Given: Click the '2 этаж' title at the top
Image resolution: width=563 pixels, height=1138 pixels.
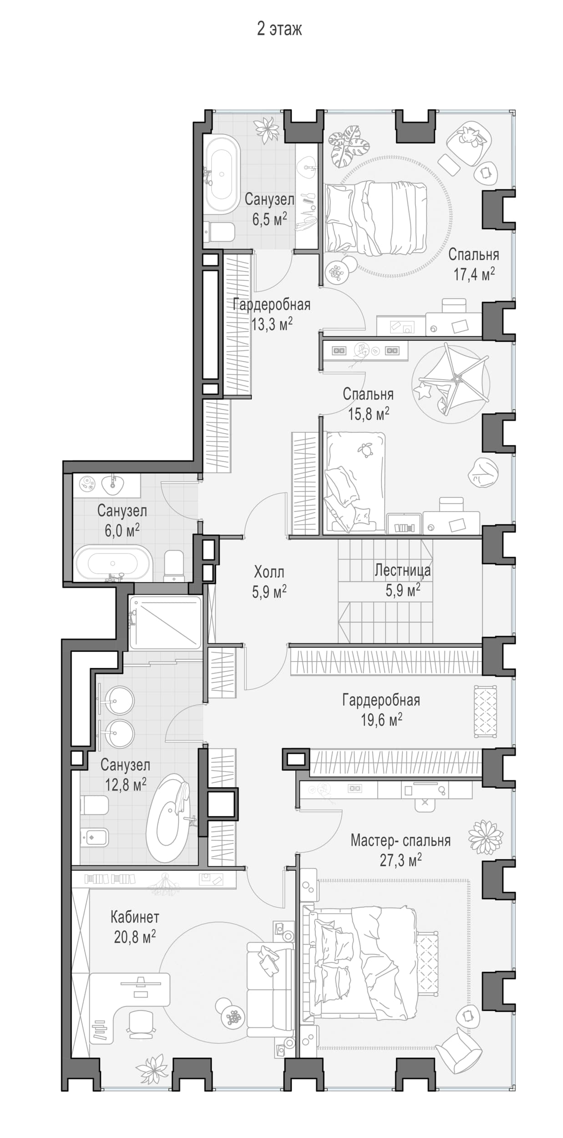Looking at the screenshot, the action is pyautogui.click(x=279, y=29).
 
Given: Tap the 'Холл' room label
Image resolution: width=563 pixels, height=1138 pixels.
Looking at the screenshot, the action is pyautogui.click(x=269, y=572).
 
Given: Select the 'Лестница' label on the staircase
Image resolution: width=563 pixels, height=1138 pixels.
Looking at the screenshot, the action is pyautogui.click(x=403, y=570).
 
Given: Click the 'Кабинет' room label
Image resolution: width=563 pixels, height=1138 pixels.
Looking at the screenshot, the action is pyautogui.click(x=135, y=917).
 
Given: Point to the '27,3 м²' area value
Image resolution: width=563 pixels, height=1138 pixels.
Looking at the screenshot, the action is pyautogui.click(x=401, y=860).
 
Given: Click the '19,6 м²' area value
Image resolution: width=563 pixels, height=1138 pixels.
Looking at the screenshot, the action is pyautogui.click(x=381, y=720).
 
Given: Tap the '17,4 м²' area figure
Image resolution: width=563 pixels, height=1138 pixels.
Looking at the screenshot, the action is pyautogui.click(x=474, y=274).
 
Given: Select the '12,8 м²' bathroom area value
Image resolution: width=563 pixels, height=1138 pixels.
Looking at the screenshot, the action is pyautogui.click(x=126, y=784).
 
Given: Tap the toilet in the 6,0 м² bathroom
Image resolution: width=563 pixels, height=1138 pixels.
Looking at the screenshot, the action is pyautogui.click(x=174, y=566).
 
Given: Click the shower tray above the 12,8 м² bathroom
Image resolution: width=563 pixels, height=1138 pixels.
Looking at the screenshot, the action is pyautogui.click(x=165, y=622).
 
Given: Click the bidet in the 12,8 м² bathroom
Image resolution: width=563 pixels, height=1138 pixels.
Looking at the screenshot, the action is pyautogui.click(x=94, y=837).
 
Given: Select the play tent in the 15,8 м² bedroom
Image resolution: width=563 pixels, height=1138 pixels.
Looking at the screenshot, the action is pyautogui.click(x=451, y=383).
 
